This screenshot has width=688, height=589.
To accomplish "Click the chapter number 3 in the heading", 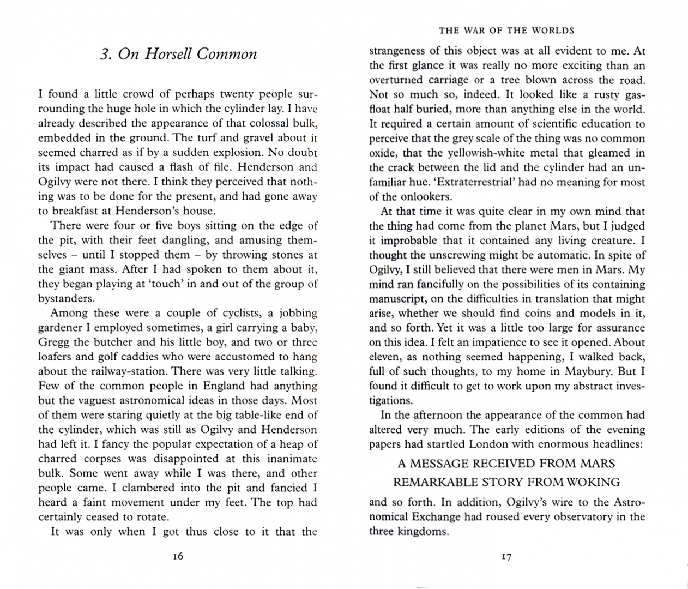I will [104, 54].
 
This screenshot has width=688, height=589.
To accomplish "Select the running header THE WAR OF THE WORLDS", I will [506, 31].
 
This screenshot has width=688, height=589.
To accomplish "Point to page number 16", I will [177, 556].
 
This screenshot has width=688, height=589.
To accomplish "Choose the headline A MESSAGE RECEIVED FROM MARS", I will [506, 464].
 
